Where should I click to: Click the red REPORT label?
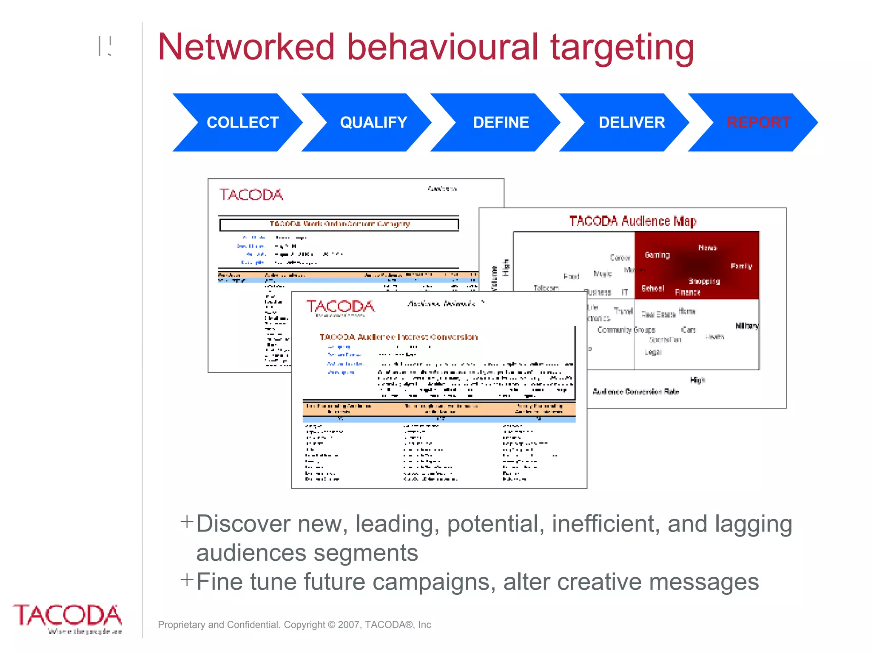coord(758,122)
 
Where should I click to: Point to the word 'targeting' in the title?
coord(622,48)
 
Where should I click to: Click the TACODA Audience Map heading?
coord(632,221)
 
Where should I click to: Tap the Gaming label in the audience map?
coord(657,255)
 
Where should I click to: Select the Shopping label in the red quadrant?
coord(704,281)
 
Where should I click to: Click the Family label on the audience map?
coord(741,266)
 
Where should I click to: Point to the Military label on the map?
coord(747,326)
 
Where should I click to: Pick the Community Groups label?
coord(626,330)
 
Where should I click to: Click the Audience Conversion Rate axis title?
coord(636,392)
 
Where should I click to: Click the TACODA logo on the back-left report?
coord(251,195)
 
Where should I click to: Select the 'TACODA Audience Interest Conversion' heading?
coord(398,337)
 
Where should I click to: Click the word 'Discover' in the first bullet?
coord(243,524)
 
